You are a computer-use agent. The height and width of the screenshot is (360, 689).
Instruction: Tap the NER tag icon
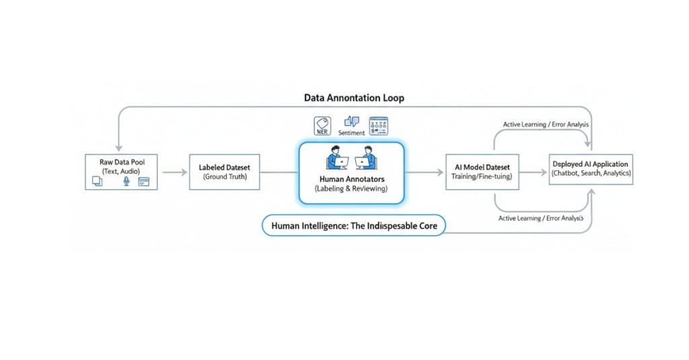[x=323, y=125]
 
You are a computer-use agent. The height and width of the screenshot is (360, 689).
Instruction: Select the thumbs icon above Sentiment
[x=351, y=122]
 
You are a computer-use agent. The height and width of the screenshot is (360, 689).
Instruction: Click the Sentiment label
[x=351, y=134]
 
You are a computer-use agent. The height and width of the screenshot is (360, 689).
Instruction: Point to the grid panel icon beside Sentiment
[x=379, y=125]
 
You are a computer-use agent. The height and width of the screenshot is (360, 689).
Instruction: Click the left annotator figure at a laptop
[x=336, y=159]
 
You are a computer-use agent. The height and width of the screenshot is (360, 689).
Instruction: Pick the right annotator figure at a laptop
[x=366, y=159]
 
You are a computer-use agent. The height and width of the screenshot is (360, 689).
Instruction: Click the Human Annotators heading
[x=351, y=179]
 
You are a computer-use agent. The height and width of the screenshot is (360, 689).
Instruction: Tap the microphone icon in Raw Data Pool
[x=126, y=182]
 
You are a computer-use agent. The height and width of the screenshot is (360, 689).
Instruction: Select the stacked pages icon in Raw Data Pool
[x=97, y=182]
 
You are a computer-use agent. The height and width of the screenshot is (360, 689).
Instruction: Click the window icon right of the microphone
[x=143, y=182]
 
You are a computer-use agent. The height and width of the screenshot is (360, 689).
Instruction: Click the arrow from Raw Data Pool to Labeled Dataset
[x=174, y=172]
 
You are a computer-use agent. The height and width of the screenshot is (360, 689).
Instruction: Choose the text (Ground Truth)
[x=225, y=177]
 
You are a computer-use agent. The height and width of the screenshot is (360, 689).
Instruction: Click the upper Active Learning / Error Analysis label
[x=546, y=124]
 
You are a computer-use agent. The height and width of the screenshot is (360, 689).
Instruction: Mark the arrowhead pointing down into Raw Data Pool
[x=118, y=147]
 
